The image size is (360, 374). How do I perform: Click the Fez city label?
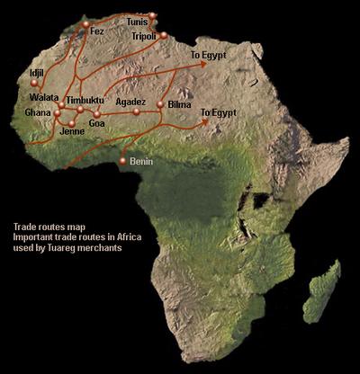click(98, 31)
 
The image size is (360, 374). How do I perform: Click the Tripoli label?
click(144, 36)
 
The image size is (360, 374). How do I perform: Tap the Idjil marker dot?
click(30, 83)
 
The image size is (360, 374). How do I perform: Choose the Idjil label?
click(36, 71)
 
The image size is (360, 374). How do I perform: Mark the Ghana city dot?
click(57, 113)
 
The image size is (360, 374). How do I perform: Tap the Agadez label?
click(130, 102)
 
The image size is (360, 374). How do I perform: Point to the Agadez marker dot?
click(137, 111)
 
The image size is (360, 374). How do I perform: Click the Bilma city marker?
click(160, 105)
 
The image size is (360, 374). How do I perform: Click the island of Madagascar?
click(320, 288)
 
